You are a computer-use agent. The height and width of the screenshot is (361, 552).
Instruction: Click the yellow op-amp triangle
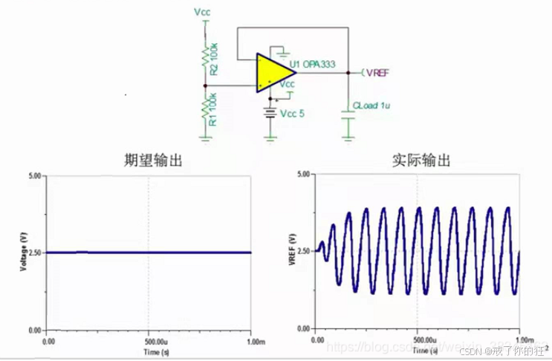268,73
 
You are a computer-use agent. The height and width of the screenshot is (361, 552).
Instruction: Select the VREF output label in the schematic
376,72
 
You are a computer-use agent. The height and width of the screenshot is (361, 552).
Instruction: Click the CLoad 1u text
374,106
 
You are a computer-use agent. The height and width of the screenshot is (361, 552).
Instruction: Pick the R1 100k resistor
207,110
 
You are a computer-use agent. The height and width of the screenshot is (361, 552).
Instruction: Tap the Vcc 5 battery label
292,114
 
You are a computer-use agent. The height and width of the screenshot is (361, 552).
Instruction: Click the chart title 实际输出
419,160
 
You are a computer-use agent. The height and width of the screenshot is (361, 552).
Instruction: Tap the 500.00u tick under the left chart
150,341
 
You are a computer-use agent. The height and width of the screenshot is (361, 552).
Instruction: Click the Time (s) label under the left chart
150,348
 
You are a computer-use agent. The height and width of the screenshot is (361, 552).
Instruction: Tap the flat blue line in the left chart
149,253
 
